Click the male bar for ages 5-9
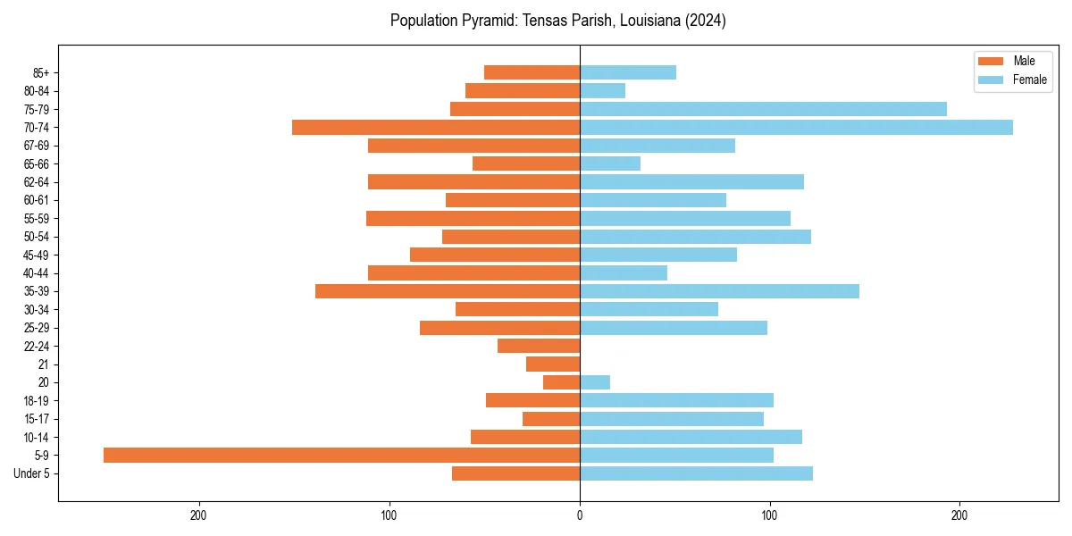click(x=341, y=455)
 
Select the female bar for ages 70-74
click(x=796, y=127)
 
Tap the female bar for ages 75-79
click(x=763, y=109)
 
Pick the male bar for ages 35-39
click(x=448, y=291)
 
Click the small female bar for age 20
click(x=595, y=382)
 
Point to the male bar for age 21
click(x=553, y=364)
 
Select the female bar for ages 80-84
click(x=602, y=90)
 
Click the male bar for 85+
click(x=532, y=72)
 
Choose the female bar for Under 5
click(x=696, y=473)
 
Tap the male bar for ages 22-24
click(x=539, y=346)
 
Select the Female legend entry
click(x=1012, y=80)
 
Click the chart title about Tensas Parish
click(x=557, y=21)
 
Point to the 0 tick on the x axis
click(x=580, y=515)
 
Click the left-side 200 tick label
click(x=199, y=515)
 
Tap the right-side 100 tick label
click(x=769, y=515)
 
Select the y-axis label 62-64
click(x=37, y=182)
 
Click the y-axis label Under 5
click(x=32, y=473)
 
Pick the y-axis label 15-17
click(x=37, y=419)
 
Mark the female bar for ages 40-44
click(x=624, y=272)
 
